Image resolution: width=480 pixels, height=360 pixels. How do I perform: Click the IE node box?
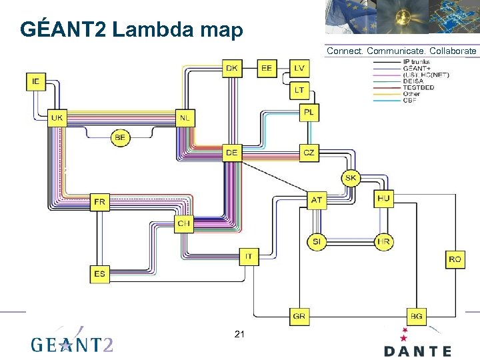pyautogui.click(x=36, y=81)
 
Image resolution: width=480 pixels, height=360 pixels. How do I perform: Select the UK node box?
pyautogui.click(x=57, y=118)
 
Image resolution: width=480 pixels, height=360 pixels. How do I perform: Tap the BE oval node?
pyautogui.click(x=120, y=138)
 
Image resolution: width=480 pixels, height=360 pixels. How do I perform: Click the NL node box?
pyautogui.click(x=185, y=118)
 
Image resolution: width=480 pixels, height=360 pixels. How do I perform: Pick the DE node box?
pyautogui.click(x=231, y=153)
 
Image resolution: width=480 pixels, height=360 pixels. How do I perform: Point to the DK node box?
pyautogui.click(x=232, y=68)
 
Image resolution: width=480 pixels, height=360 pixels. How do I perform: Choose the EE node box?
pyautogui.click(x=267, y=68)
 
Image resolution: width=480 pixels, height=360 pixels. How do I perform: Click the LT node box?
pyautogui.click(x=299, y=89)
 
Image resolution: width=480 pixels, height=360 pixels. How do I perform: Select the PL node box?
pyautogui.click(x=309, y=113)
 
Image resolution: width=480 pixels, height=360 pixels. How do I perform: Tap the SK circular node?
pyautogui.click(x=351, y=178)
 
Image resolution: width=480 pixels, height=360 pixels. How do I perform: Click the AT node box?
pyautogui.click(x=317, y=199)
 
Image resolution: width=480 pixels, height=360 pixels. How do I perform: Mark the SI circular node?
pyautogui.click(x=317, y=242)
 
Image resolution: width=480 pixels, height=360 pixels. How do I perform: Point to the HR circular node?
pyautogui.click(x=383, y=242)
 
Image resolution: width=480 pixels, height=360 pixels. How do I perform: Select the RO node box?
pyautogui.click(x=455, y=259)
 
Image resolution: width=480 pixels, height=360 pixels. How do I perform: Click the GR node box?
pyautogui.click(x=299, y=315)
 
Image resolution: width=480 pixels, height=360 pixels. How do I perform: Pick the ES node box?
pyautogui.click(x=99, y=273)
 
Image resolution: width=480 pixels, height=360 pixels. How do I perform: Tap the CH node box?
pyautogui.click(x=184, y=223)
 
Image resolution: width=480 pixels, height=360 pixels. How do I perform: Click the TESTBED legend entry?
pyautogui.click(x=418, y=87)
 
